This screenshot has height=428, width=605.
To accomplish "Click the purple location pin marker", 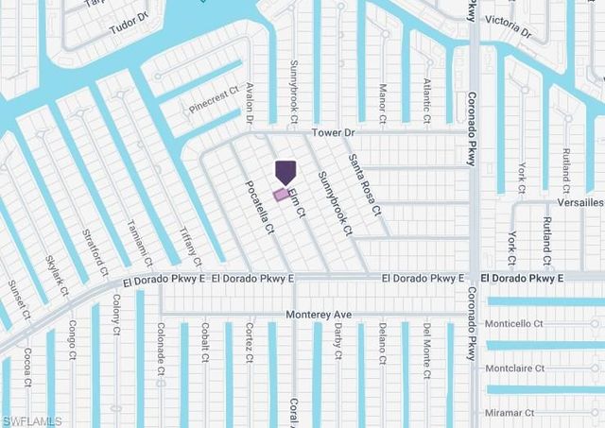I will [285, 172].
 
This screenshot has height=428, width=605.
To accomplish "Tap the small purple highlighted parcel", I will [281, 195].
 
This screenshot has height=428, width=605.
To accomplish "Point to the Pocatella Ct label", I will [260, 208].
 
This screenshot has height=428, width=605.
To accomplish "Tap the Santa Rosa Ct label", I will [364, 184].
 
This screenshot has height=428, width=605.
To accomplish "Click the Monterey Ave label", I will [320, 315].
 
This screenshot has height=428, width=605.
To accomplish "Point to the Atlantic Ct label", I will [427, 97].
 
